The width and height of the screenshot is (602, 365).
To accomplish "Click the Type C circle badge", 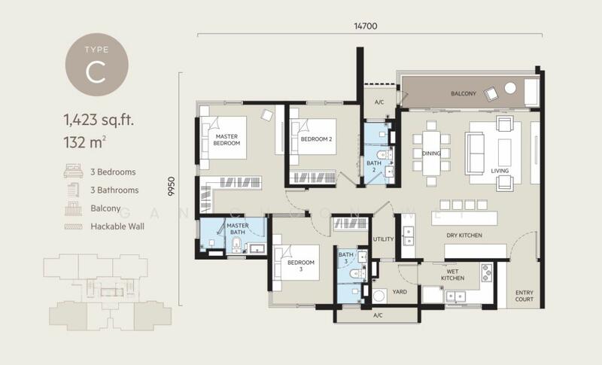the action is click(97, 65).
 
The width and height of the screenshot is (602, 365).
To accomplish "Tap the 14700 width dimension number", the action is click(366, 26).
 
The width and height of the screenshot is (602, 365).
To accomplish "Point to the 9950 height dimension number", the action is click(172, 187).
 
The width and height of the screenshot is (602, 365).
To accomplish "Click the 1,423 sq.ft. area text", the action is click(99, 120).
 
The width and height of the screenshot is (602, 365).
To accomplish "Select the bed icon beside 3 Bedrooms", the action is click(73, 171).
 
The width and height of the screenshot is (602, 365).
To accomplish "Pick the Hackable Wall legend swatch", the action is click(73, 227).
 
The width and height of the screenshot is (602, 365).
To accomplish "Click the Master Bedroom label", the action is click(227, 140).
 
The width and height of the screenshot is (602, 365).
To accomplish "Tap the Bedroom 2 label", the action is click(316, 139).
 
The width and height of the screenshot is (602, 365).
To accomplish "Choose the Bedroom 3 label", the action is click(301, 266).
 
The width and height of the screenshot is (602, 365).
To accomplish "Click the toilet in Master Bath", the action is click(236, 244).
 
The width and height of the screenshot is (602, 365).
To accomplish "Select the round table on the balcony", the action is click(510, 88).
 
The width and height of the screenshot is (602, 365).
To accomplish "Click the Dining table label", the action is click(431, 153).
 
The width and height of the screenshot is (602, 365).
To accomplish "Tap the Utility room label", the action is click(384, 239).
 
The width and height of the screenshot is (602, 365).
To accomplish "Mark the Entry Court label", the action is click(524, 296).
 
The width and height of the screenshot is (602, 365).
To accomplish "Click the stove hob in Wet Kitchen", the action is click(486, 272).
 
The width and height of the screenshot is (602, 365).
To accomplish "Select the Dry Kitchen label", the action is click(464, 236).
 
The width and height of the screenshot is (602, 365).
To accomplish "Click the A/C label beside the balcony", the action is click(379, 102).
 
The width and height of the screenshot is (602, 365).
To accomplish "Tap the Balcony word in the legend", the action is click(105, 208).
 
